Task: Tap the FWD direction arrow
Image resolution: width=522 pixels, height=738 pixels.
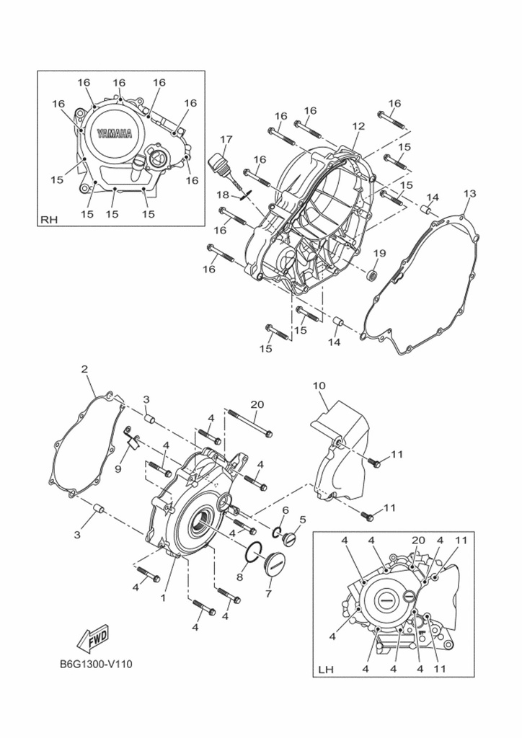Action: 93,636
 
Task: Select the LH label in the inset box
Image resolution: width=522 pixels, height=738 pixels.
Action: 326,670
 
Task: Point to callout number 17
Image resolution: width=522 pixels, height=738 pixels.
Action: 226,139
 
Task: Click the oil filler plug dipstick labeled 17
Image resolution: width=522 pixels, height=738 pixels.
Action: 221,164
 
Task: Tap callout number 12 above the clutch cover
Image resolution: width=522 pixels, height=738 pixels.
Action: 358,125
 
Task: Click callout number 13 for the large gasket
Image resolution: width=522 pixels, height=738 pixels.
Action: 469,194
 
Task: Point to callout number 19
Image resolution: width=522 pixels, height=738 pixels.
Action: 379,253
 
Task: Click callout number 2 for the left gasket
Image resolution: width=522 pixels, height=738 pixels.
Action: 84,370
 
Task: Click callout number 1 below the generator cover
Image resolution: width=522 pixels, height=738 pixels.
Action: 164,597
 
